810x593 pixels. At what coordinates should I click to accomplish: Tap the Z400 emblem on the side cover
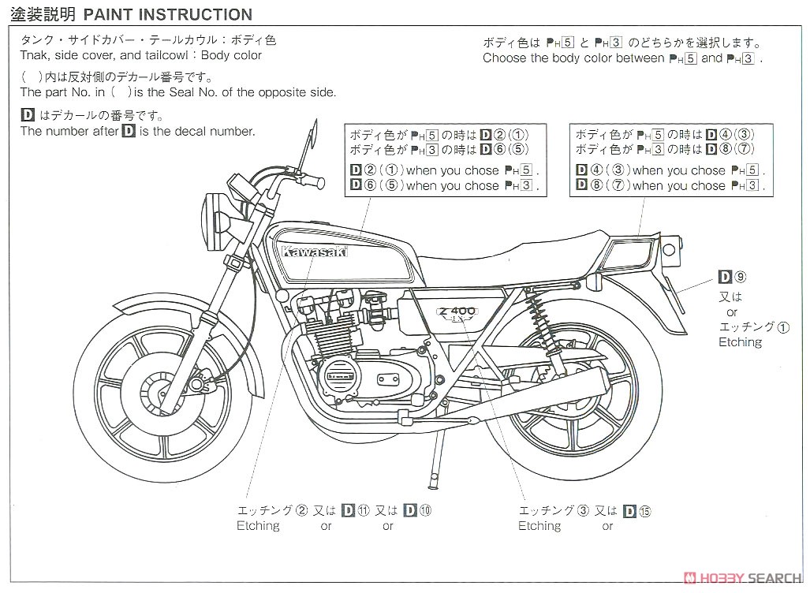pyautogui.click(x=454, y=311)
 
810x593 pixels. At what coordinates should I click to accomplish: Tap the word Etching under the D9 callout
pyautogui.click(x=740, y=342)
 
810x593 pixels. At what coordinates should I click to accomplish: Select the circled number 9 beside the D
pyautogui.click(x=740, y=277)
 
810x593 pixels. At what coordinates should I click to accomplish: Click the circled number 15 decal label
pyautogui.click(x=645, y=511)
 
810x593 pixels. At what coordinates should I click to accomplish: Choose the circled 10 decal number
pyautogui.click(x=426, y=510)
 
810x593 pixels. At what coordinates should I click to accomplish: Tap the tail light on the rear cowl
pyautogui.click(x=629, y=256)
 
